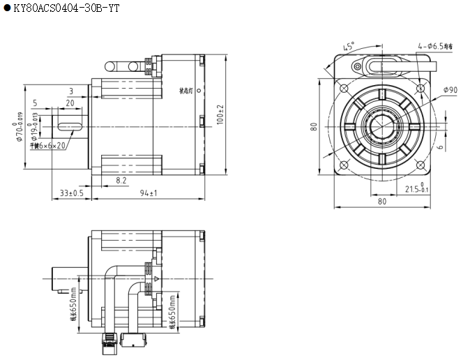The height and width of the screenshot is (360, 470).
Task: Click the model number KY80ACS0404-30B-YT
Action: [63, 8]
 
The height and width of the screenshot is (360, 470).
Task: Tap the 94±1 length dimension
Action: [146, 193]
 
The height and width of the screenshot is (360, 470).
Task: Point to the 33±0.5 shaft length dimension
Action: [72, 193]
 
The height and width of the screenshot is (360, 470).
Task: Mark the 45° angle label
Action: [349, 47]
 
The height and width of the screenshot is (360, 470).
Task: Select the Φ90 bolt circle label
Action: [450, 90]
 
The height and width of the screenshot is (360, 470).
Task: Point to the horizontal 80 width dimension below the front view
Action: [382, 202]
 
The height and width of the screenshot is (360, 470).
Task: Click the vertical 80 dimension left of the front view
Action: [314, 127]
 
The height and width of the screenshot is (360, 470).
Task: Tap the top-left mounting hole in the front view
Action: [343, 88]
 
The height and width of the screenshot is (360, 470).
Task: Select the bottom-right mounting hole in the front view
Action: [420, 165]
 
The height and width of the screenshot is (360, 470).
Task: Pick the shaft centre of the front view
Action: [382, 127]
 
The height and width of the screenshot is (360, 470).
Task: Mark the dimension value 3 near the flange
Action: [71, 91]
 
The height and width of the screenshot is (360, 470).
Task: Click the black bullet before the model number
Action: [6, 8]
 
